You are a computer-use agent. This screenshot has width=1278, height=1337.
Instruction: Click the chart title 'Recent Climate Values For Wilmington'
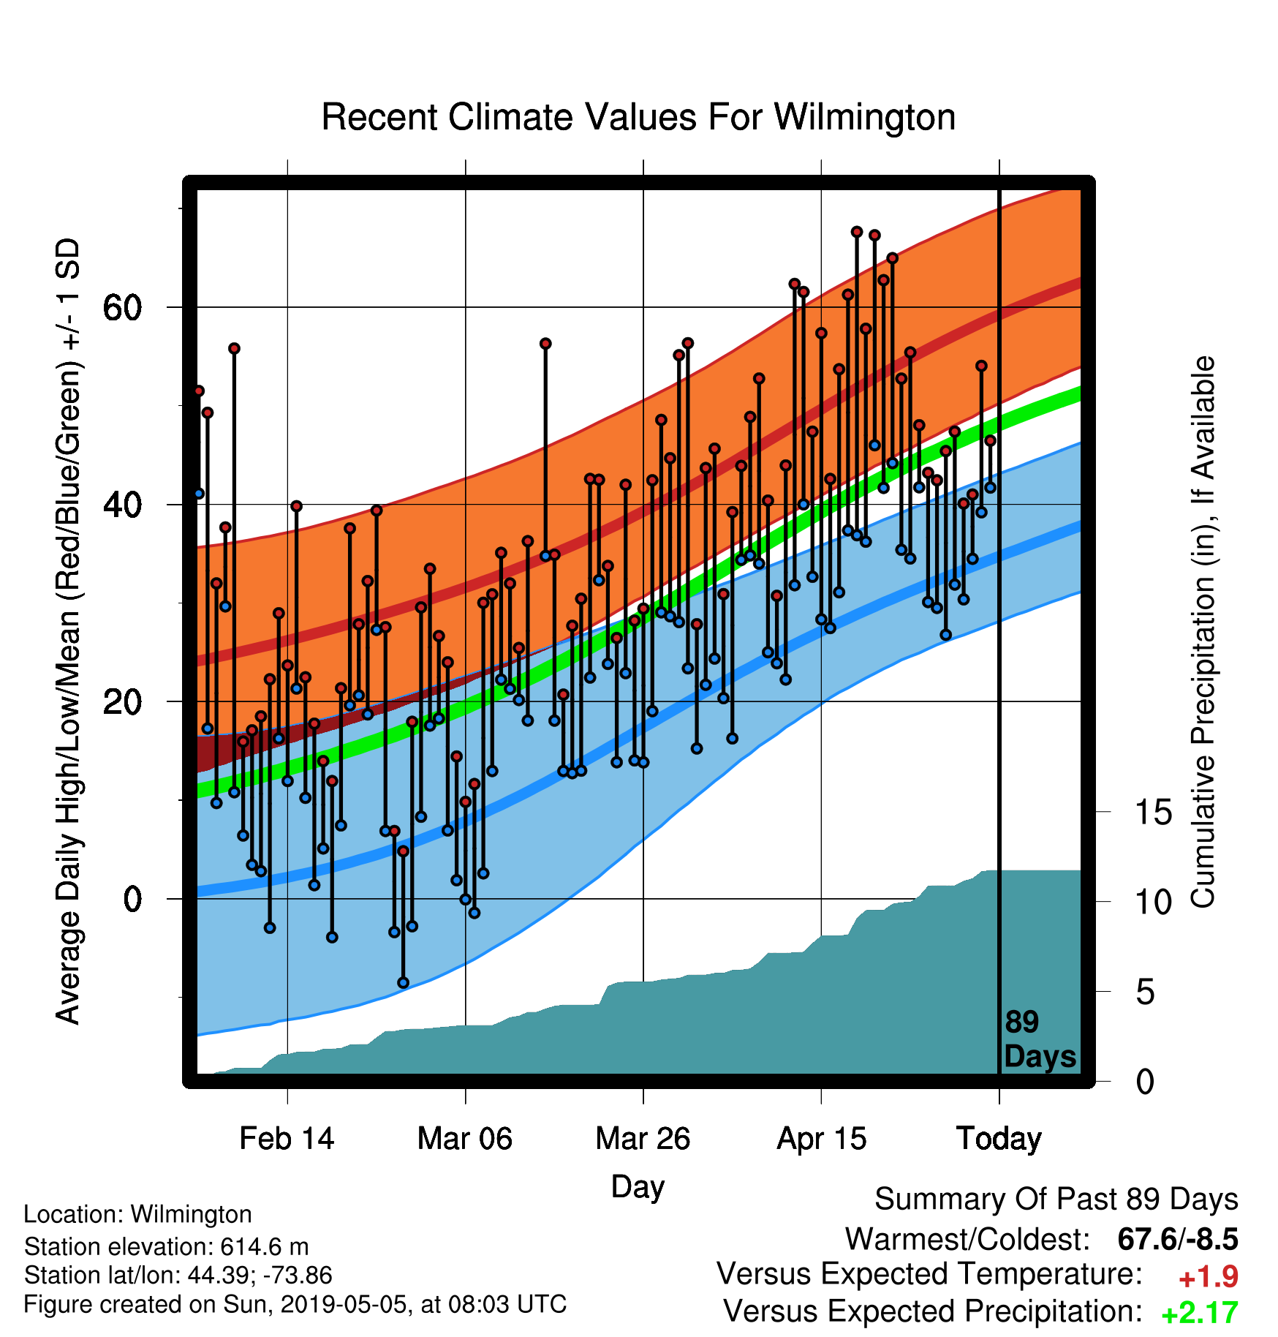point(638,117)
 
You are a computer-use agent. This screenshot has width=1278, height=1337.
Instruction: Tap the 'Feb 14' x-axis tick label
point(287,1139)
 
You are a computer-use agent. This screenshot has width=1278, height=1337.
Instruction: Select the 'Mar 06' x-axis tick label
point(465,1139)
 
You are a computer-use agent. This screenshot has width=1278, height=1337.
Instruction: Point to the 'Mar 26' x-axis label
point(643,1139)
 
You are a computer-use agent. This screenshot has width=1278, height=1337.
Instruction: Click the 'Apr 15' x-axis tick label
point(821,1139)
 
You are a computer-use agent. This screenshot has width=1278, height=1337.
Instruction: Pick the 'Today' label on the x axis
point(999,1139)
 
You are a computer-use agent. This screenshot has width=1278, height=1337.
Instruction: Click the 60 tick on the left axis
point(122,308)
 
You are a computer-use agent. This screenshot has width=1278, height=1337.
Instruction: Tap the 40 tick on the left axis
point(122,505)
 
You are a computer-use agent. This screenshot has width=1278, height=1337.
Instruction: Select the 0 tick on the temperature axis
point(132,899)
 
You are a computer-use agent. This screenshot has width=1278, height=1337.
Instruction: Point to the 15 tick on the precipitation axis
point(1154,813)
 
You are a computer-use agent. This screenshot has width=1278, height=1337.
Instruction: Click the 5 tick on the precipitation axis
point(1146,993)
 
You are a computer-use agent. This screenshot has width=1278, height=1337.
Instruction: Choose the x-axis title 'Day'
point(638,1187)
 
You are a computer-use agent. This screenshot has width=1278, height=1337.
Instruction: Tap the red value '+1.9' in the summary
point(1208,1277)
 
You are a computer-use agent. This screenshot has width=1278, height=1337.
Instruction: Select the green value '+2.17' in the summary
point(1200,1314)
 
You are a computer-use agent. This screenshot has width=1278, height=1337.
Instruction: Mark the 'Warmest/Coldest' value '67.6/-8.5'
point(1178,1239)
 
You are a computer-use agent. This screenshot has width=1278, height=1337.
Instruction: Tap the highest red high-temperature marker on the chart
point(857,232)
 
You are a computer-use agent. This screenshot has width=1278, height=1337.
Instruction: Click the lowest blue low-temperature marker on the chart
point(403,983)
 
